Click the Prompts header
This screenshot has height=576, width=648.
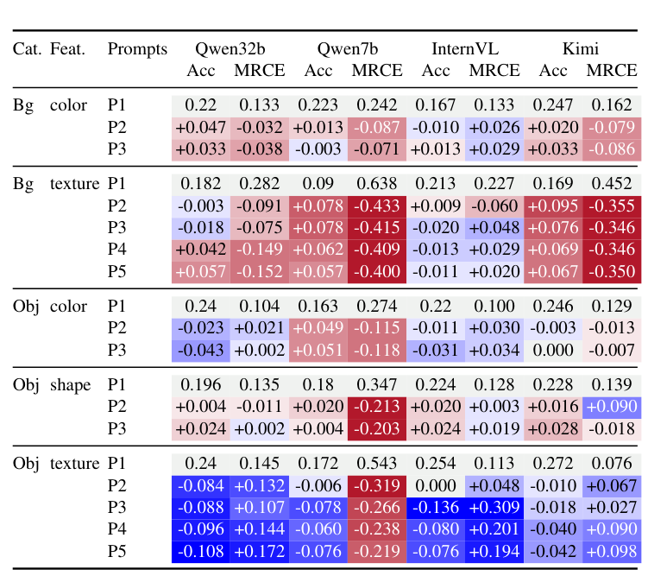137,49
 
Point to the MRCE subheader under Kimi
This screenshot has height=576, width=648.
612,70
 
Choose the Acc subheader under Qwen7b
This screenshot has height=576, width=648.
318,70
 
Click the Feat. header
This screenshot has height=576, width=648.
68,49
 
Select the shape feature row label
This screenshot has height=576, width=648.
70,385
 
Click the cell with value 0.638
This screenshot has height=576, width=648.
377,184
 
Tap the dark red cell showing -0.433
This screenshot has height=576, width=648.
377,206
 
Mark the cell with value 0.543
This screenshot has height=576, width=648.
377,464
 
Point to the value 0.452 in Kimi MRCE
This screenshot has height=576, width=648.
612,184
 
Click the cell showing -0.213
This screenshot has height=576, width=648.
377,408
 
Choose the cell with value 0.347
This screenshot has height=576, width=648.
377,385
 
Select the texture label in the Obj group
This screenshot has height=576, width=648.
75,464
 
